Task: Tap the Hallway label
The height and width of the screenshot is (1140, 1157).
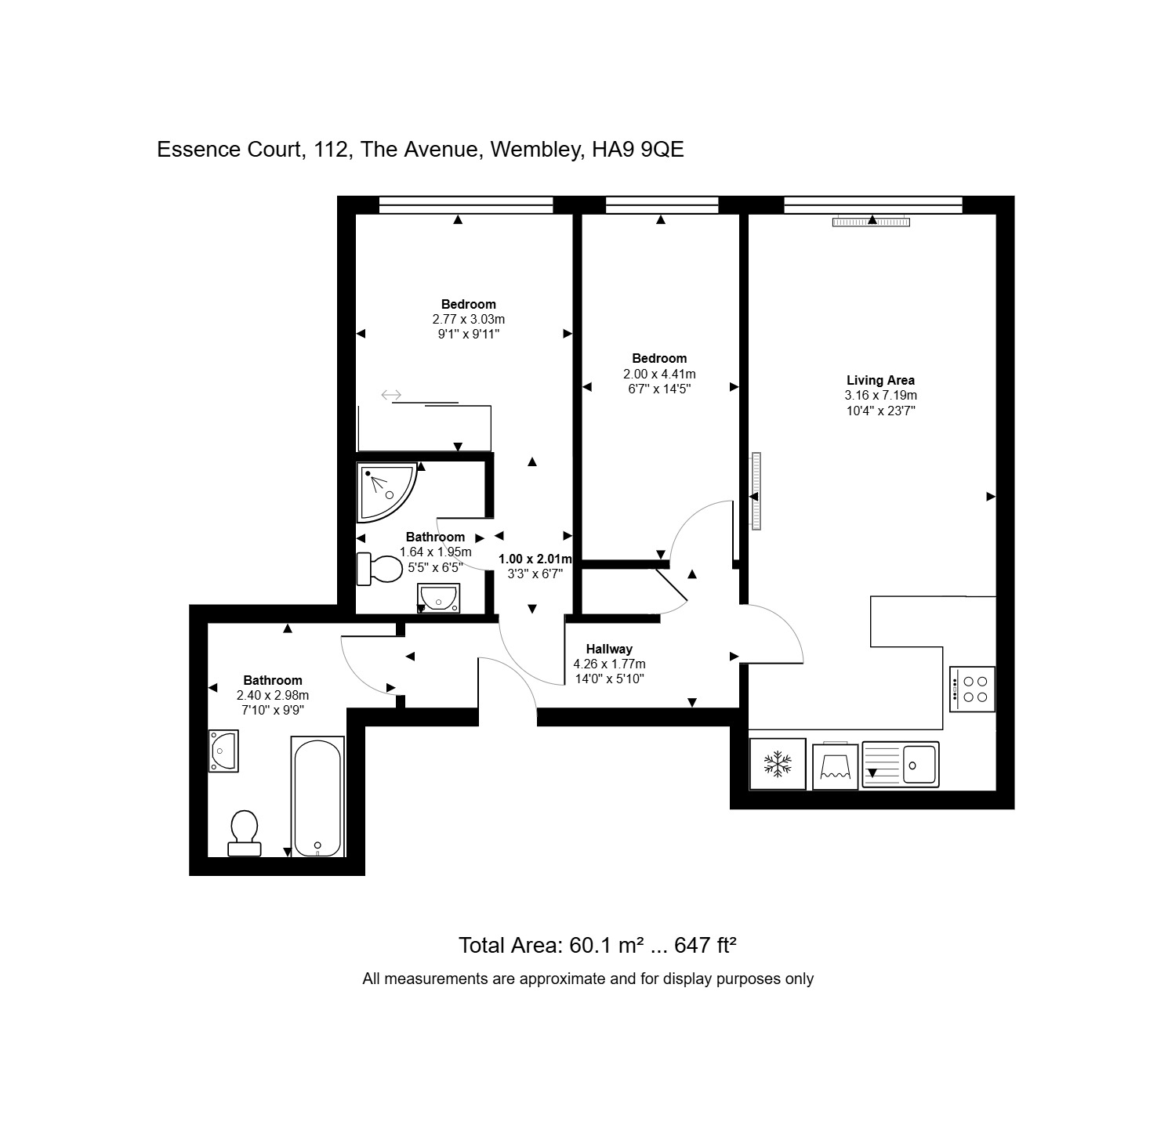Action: tap(609, 649)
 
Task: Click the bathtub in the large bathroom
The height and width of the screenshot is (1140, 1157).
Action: tap(317, 797)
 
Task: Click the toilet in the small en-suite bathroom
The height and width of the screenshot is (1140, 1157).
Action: tap(379, 569)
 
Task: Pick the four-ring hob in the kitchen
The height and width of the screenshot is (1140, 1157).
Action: tap(972, 689)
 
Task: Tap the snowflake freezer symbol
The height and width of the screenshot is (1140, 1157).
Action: tap(778, 763)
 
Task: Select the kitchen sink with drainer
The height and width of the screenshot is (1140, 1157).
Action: tap(901, 764)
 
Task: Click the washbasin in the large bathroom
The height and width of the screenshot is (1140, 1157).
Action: tap(223, 751)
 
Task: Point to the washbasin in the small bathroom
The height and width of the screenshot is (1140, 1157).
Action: tap(439, 597)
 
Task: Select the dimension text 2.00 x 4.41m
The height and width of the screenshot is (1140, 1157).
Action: tap(659, 374)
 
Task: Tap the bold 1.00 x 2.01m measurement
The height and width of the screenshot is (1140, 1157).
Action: tap(535, 559)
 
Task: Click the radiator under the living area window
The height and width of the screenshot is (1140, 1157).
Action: tap(871, 223)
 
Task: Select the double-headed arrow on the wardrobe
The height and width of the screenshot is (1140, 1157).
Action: tap(391, 395)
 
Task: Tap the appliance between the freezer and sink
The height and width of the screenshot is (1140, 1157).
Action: tap(835, 765)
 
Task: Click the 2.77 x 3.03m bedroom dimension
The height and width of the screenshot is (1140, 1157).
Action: tap(468, 319)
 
